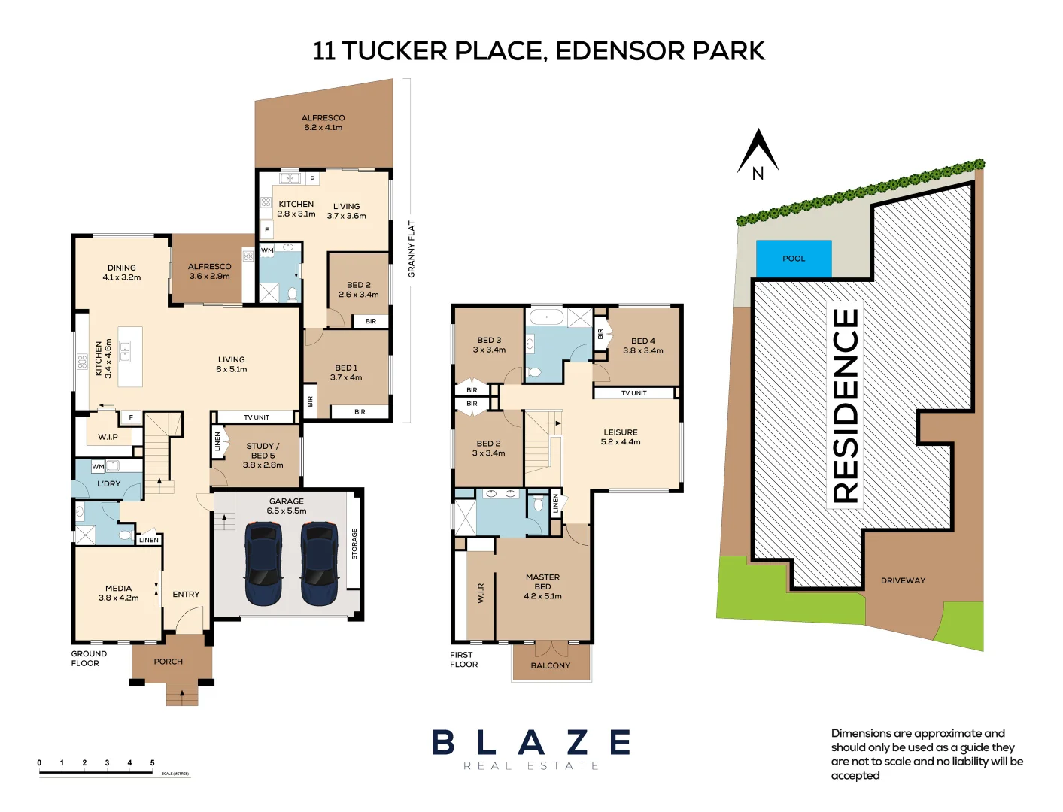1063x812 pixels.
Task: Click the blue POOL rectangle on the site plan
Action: tap(794, 259)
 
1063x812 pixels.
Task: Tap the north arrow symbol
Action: tap(758, 155)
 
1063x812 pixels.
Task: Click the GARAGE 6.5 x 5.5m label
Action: tap(287, 506)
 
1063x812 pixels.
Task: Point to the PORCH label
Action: tap(169, 662)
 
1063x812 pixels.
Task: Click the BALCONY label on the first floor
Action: tap(551, 665)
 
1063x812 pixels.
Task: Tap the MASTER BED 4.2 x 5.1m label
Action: tap(542, 586)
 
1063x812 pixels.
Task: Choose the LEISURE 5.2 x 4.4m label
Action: tap(621, 437)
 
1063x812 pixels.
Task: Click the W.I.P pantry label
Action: tap(108, 437)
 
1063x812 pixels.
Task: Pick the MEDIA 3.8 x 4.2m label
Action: tap(118, 593)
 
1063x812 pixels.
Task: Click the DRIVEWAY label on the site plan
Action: tap(903, 580)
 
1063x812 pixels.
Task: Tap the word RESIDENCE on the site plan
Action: tap(846, 406)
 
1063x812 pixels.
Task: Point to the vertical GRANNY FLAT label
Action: tap(412, 249)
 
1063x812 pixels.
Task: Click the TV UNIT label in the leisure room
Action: tap(633, 393)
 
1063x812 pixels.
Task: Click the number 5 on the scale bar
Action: tap(152, 763)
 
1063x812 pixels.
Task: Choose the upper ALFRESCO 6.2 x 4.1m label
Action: tap(323, 123)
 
